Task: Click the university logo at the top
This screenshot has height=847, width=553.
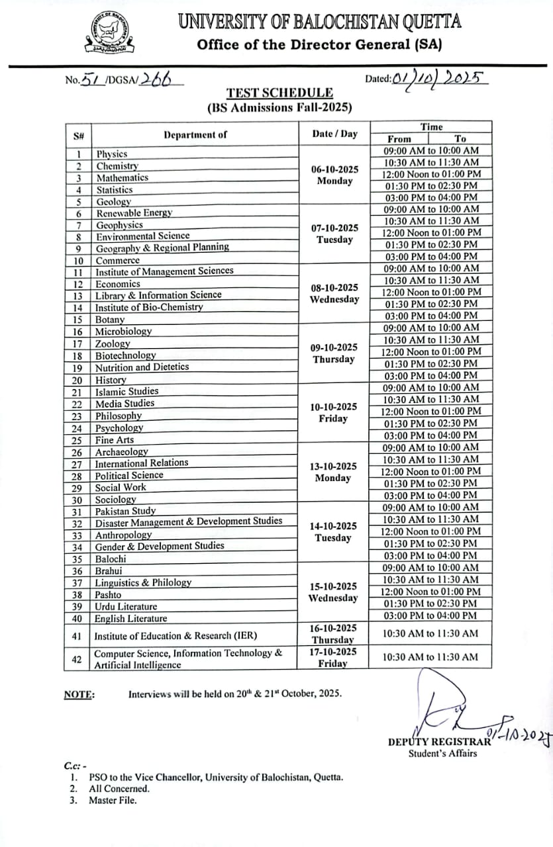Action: (x=111, y=34)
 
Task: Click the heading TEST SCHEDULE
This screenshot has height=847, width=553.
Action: (x=279, y=93)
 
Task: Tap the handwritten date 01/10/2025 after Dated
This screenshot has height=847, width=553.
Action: (x=439, y=79)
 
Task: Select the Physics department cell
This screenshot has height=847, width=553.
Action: (x=112, y=154)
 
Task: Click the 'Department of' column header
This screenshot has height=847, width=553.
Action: (x=195, y=134)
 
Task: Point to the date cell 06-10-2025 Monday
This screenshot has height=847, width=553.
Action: (x=334, y=175)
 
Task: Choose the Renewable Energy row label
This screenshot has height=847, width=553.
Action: (x=134, y=213)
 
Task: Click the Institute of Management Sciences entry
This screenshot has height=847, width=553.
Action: (x=164, y=271)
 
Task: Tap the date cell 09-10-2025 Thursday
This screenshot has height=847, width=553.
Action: (x=334, y=353)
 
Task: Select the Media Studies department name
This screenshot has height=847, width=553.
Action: (x=125, y=403)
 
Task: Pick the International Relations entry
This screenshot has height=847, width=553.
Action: (x=142, y=463)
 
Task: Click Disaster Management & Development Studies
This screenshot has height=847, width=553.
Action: (x=188, y=521)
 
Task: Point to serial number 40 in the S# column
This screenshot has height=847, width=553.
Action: (x=77, y=619)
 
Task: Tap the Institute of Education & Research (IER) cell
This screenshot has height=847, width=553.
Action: (x=176, y=636)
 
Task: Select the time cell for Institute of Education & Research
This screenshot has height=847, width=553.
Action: (x=430, y=633)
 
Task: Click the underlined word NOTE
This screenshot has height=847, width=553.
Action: (x=79, y=694)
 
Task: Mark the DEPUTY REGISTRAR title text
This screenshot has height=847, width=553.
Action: (x=439, y=742)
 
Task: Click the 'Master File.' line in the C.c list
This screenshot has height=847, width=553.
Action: (x=113, y=801)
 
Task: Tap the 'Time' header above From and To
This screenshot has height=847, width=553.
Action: (x=431, y=127)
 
